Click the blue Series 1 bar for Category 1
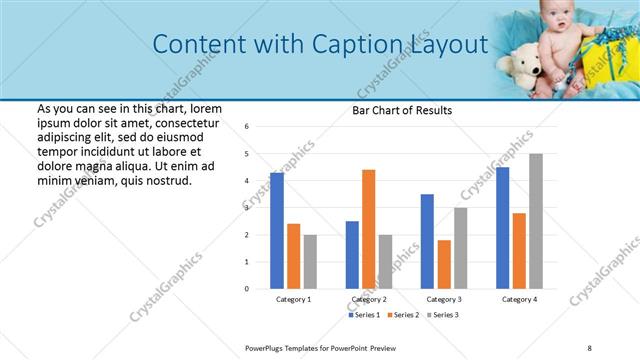tap(277, 230)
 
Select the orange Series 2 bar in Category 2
tap(368, 229)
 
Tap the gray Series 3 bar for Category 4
tap(536, 221)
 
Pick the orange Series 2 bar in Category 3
tap(444, 264)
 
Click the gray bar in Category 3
tap(460, 248)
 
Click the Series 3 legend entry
tap(443, 315)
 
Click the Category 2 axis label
tap(369, 299)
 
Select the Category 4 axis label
tap(519, 299)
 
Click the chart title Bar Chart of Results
tap(402, 110)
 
